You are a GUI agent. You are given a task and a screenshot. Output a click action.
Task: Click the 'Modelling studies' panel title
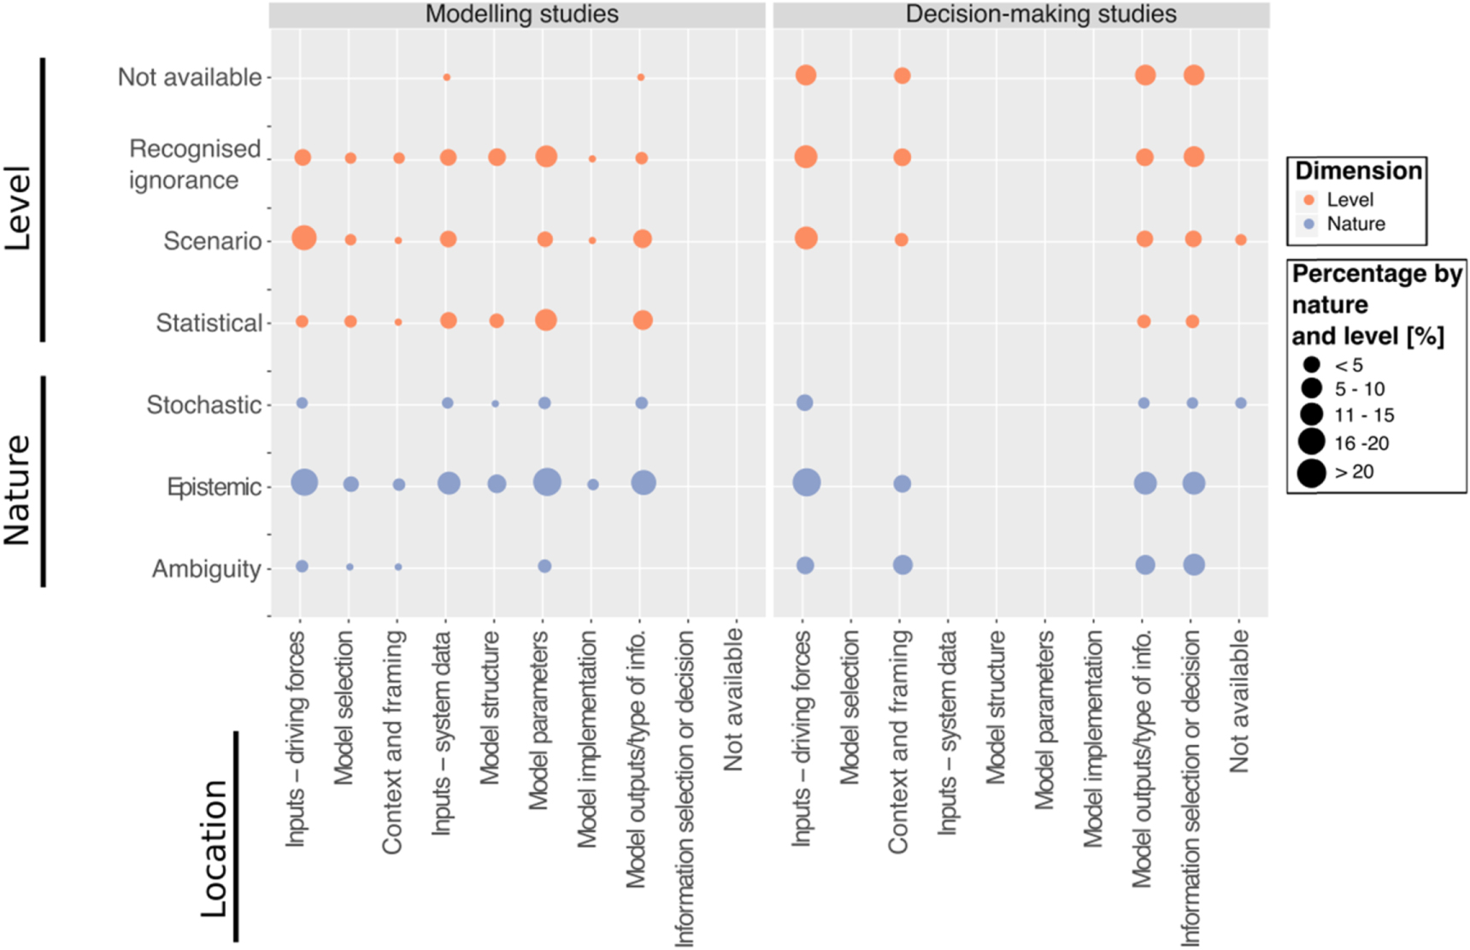(521, 15)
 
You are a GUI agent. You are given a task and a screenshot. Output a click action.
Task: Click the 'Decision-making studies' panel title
(1040, 15)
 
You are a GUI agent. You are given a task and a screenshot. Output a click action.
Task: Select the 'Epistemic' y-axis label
(215, 487)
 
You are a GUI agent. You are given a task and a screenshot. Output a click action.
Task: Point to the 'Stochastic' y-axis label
(203, 405)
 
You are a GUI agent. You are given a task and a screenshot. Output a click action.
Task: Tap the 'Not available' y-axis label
(190, 77)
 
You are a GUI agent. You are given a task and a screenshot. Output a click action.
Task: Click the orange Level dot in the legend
(1308, 200)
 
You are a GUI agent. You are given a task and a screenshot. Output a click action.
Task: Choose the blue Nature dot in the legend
(1308, 225)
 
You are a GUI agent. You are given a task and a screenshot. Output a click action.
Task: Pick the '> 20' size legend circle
(1311, 472)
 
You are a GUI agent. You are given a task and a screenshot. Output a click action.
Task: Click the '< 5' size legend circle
(1311, 365)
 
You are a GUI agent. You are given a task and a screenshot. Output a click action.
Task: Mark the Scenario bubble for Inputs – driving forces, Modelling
(303, 237)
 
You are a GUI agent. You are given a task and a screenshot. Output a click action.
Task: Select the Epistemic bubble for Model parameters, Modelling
(547, 483)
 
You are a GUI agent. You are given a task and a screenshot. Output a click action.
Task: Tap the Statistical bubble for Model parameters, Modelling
(545, 320)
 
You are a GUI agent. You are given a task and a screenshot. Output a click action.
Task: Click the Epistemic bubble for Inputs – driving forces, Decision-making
(806, 483)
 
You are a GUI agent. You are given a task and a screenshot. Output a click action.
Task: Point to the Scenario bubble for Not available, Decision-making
(1240, 240)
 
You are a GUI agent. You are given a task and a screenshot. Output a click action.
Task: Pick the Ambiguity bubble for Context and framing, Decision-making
(903, 565)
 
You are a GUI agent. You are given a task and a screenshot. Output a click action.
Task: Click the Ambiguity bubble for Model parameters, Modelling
(544, 566)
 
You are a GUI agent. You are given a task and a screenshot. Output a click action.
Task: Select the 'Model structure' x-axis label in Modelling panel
(490, 707)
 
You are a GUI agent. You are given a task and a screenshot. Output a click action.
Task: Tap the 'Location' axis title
(215, 847)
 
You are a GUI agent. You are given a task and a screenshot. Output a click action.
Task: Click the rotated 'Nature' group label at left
(17, 490)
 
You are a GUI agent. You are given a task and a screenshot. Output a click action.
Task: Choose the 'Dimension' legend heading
(1358, 171)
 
